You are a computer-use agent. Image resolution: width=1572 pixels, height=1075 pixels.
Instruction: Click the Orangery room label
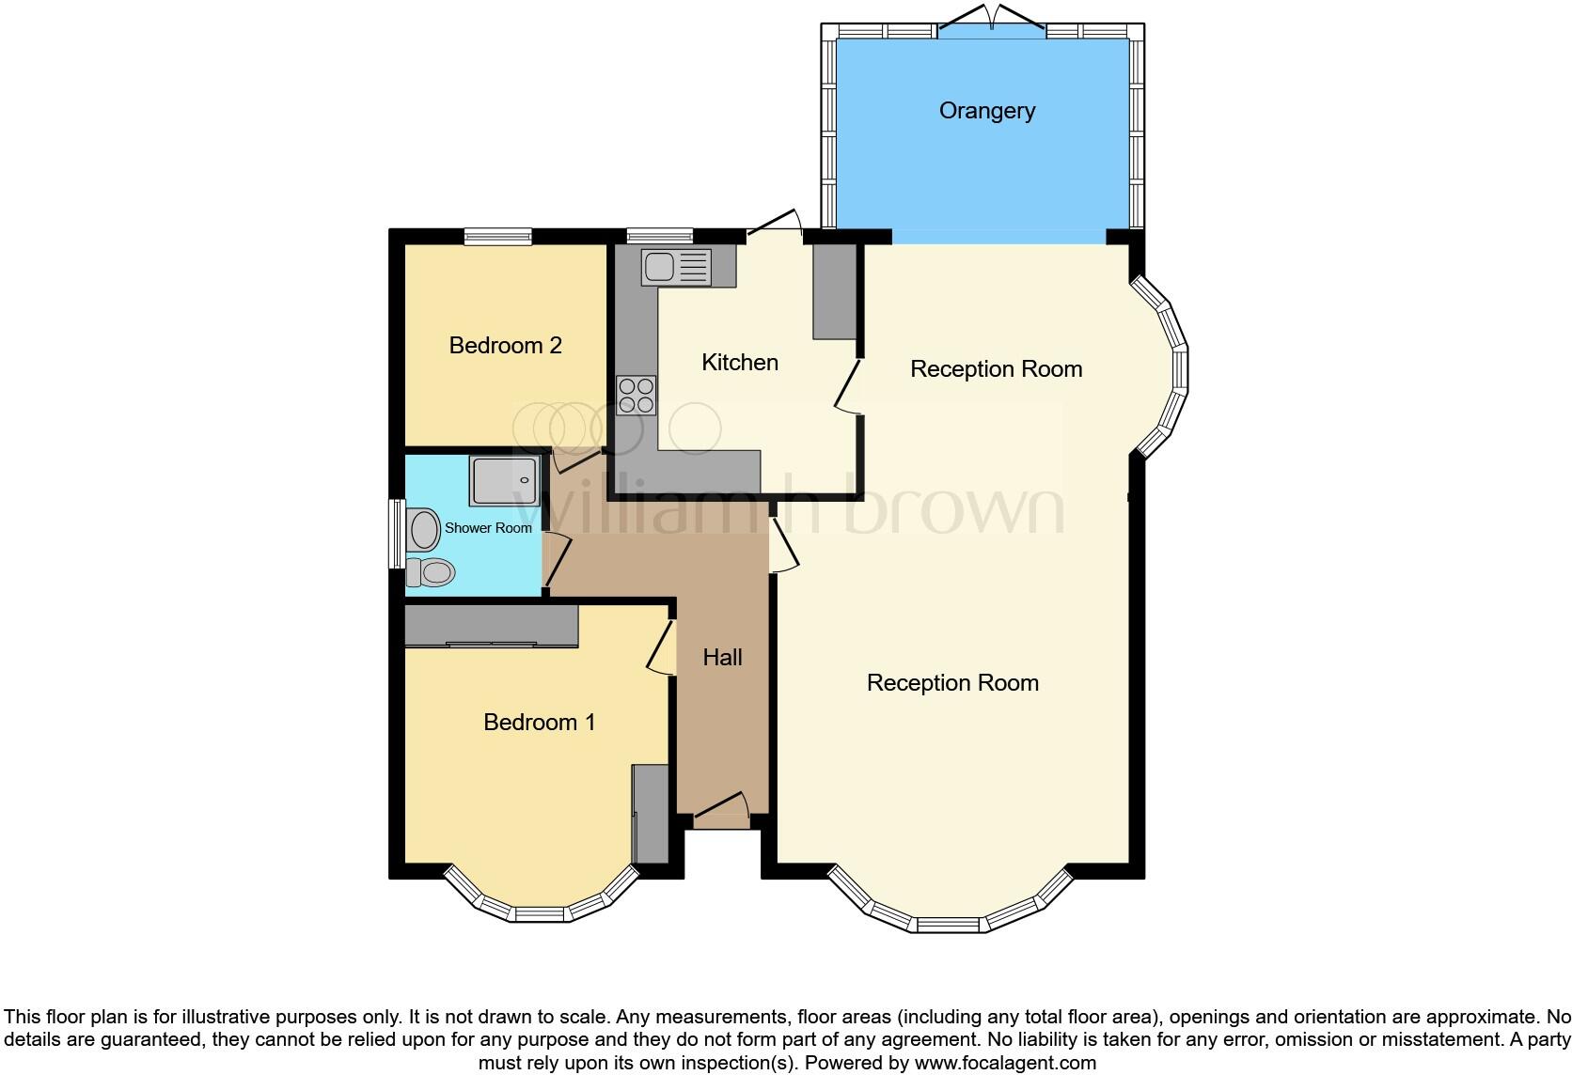click(x=986, y=111)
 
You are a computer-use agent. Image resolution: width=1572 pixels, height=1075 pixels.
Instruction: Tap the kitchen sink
click(x=675, y=267)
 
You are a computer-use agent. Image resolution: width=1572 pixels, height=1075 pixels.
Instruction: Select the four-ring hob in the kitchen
click(x=636, y=395)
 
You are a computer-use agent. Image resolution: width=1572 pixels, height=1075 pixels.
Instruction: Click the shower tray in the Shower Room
click(x=506, y=480)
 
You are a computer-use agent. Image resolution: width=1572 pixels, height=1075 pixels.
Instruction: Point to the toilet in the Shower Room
click(x=431, y=571)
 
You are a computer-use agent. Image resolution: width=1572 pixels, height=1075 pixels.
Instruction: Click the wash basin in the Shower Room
click(x=425, y=530)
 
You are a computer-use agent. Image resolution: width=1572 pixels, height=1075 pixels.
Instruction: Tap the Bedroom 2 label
click(x=505, y=346)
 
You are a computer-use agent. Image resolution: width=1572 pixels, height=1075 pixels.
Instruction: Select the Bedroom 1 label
click(x=539, y=723)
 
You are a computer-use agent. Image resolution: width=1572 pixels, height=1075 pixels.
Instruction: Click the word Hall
click(x=722, y=658)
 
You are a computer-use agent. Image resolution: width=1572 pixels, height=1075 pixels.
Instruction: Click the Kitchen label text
click(x=739, y=363)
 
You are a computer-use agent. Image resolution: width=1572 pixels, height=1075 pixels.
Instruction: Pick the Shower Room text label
click(x=488, y=528)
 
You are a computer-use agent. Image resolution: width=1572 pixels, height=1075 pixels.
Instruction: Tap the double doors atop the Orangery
click(x=992, y=21)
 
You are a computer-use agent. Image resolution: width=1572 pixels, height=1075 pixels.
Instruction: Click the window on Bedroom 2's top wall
click(x=498, y=236)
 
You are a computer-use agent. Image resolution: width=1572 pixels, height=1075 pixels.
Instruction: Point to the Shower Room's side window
click(x=397, y=534)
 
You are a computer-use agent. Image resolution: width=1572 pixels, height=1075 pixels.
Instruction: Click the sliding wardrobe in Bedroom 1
click(x=491, y=627)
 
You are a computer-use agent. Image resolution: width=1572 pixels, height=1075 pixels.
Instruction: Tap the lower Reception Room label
click(x=951, y=683)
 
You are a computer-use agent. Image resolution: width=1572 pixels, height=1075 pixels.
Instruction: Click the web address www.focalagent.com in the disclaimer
click(x=1005, y=1063)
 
